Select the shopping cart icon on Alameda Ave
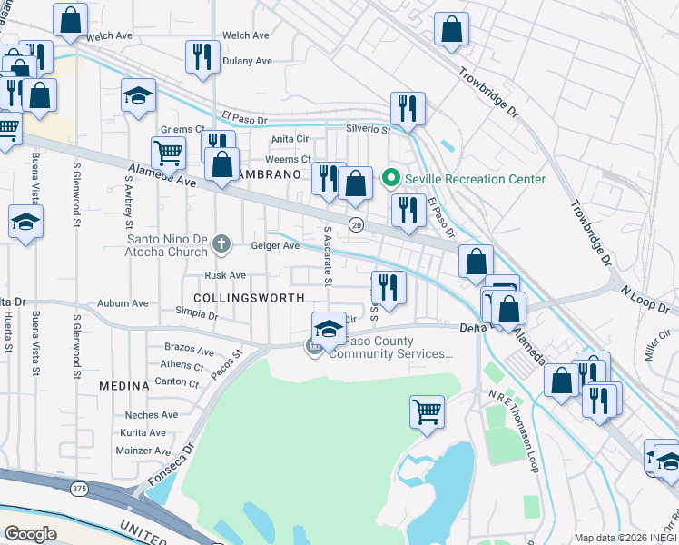[x=168, y=153]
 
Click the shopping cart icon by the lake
[x=427, y=411]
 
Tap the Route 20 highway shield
[x=355, y=224]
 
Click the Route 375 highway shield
[x=79, y=489]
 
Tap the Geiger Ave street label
[x=275, y=245]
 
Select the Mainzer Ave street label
[x=143, y=450]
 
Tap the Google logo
[x=30, y=533]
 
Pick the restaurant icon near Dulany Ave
[x=202, y=57]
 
